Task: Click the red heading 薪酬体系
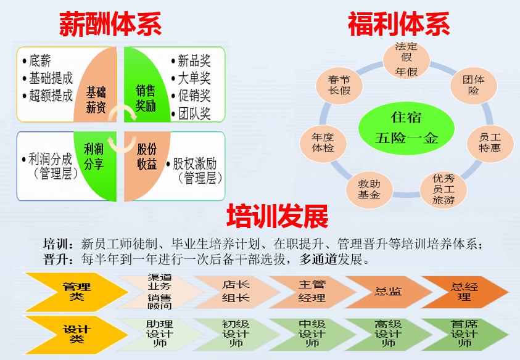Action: tap(110, 25)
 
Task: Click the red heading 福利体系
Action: tap(398, 25)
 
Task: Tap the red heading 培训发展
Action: tap(278, 217)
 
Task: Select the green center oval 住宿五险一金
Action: tap(407, 127)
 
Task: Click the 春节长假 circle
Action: tap(339, 84)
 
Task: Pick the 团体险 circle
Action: tap(474, 85)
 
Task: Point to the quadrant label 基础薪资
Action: tap(96, 100)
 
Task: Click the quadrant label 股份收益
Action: tap(147, 157)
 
